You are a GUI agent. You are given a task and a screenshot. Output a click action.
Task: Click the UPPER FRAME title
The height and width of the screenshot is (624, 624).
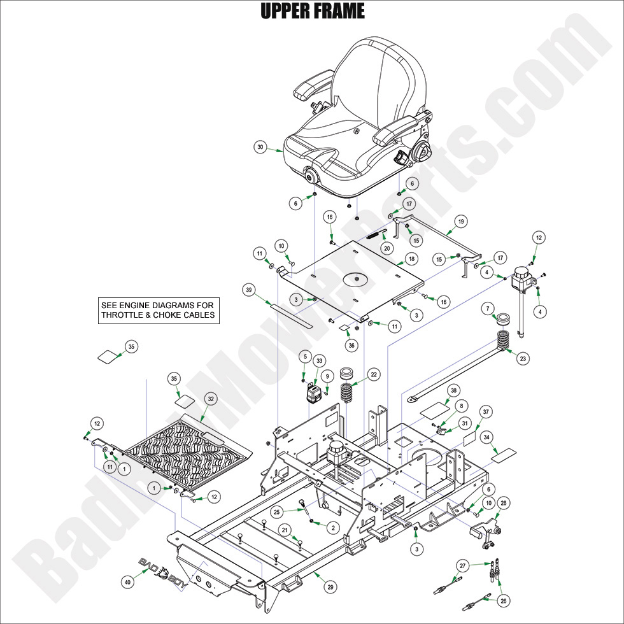pos(312,11)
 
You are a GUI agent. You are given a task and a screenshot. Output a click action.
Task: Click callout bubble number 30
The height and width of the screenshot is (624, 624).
pos(260,147)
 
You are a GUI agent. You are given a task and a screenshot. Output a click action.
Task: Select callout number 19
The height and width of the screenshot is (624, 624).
pos(460,222)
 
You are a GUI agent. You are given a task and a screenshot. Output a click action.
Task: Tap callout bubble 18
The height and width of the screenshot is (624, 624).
pos(411,259)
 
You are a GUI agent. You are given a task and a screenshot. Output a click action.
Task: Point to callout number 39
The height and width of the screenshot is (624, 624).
pos(250,290)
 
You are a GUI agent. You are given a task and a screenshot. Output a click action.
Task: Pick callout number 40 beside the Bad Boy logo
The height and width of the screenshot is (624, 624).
pos(127,581)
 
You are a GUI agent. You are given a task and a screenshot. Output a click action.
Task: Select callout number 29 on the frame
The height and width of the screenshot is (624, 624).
pos(331,586)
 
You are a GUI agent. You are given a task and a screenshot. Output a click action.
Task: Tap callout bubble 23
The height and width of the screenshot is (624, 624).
pos(523,359)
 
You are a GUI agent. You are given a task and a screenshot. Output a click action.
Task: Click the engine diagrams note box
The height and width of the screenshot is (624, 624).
pos(159,310)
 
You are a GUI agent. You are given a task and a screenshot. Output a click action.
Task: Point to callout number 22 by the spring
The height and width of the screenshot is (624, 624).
pos(373,374)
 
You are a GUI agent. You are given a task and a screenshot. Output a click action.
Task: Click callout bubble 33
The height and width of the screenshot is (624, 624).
pos(319,360)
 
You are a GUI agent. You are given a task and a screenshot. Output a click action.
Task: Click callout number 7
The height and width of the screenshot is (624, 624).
pos(488,309)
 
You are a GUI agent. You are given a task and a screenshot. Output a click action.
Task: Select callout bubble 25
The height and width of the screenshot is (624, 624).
pos(276,511)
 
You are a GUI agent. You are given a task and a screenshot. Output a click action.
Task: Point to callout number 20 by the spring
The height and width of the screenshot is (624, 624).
pos(386,248)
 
